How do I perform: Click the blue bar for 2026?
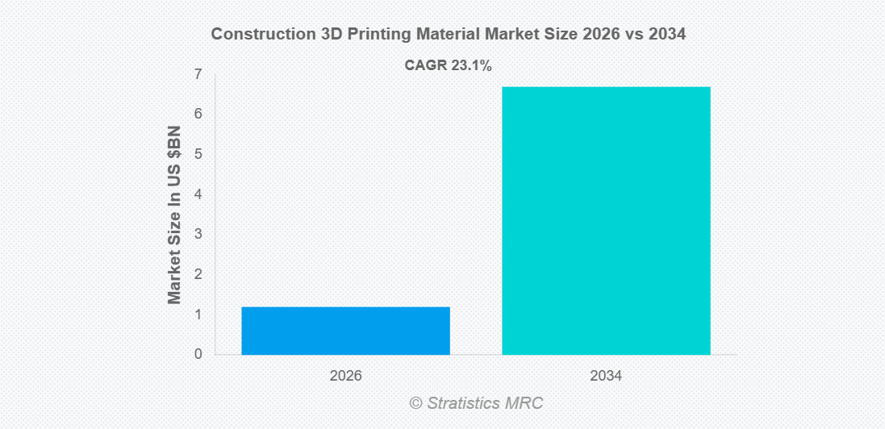click(x=345, y=331)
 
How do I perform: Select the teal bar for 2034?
click(x=606, y=220)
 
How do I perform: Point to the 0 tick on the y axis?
click(x=198, y=355)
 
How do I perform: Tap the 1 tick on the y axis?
click(x=198, y=314)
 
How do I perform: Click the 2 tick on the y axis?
click(x=198, y=274)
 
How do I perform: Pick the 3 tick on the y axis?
click(x=198, y=235)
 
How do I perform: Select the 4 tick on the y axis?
click(x=198, y=194)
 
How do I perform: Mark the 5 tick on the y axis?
click(x=198, y=154)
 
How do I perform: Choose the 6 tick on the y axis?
click(x=198, y=115)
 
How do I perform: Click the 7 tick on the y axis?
click(x=198, y=74)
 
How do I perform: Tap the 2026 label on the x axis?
click(x=345, y=377)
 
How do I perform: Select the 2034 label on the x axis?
click(x=606, y=377)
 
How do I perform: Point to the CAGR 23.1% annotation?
click(x=448, y=66)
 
